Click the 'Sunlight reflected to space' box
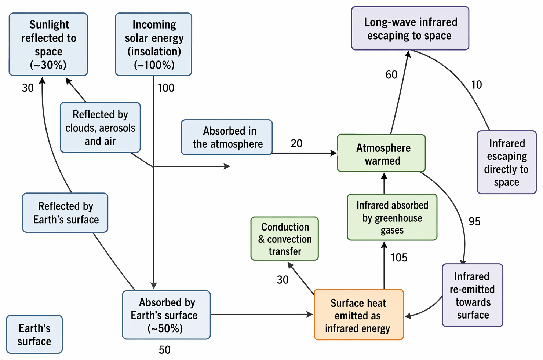coord(48,44)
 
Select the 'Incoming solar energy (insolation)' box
coord(153,44)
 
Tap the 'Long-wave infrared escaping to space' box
coord(410,28)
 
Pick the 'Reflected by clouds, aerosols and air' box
coord(100,128)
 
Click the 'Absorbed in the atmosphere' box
coord(227,137)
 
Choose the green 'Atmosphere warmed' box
coord(381,153)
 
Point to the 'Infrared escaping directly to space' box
coord(507,162)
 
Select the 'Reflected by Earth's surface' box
coord(65,213)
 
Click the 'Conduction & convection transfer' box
coord(285,239)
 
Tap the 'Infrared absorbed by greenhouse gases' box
coord(392,217)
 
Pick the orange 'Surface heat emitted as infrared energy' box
coord(359,315)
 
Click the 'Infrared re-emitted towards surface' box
coord(473,295)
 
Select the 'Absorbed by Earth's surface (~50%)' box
coord(166,315)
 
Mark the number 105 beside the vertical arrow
coord(399,257)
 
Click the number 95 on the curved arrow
coord(474,221)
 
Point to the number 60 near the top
coord(391,75)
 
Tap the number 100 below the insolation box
coord(166,88)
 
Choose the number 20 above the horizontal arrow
coord(296,143)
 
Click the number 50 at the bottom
coord(165,350)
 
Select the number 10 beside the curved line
coord(477,85)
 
